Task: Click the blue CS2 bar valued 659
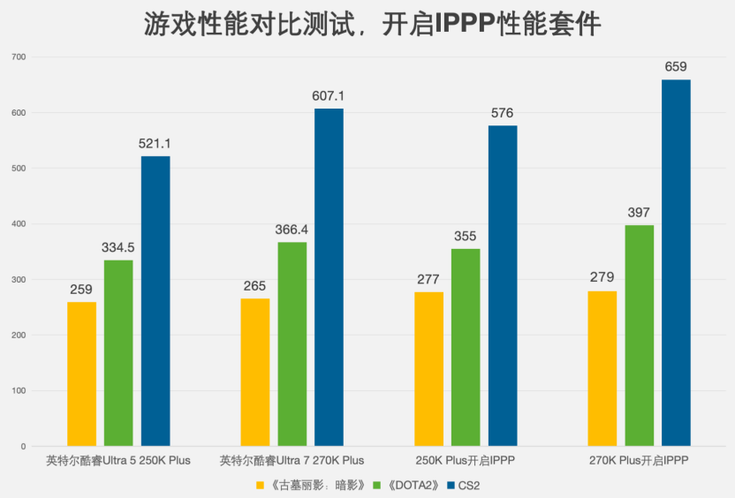click(x=676, y=263)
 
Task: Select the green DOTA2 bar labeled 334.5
click(x=118, y=353)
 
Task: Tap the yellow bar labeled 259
click(x=81, y=374)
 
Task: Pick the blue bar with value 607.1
click(x=329, y=277)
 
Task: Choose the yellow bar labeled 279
click(x=602, y=368)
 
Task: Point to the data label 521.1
click(x=155, y=143)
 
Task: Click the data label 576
click(x=502, y=113)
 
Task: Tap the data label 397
click(x=639, y=213)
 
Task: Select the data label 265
click(x=254, y=285)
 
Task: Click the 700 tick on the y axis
click(x=19, y=57)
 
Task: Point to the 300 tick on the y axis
click(x=19, y=280)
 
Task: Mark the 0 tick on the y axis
click(x=24, y=447)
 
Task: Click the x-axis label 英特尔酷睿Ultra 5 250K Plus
click(x=118, y=461)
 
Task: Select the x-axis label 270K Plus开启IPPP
click(x=639, y=461)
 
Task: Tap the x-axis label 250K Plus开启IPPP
click(x=466, y=461)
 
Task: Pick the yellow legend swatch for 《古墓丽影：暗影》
click(x=260, y=485)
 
